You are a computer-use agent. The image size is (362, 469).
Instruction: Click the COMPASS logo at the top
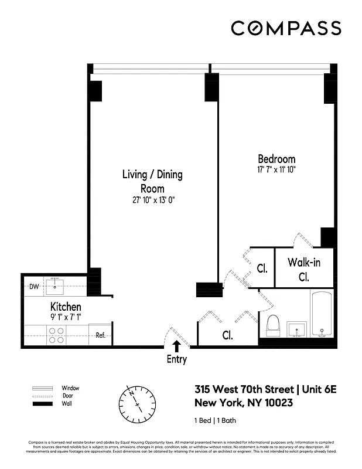pos(285,28)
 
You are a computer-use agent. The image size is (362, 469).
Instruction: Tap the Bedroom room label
pos(276,159)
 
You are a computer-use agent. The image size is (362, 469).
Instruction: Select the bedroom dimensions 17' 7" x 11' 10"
pos(276,170)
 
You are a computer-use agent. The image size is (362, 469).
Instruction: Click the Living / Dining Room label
pos(152,181)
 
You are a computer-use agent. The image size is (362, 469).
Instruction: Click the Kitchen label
pos(66,307)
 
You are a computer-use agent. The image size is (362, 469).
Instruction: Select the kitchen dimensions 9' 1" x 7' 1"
pos(66,317)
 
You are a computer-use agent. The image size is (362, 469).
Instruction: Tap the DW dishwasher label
pos(34,287)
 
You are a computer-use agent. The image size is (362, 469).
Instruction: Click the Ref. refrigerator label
pos(100,337)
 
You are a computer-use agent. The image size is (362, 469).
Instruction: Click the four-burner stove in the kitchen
pos(56,335)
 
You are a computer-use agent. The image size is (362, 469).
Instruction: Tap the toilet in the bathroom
pos(274,325)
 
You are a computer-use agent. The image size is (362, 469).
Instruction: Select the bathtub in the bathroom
pos(322,315)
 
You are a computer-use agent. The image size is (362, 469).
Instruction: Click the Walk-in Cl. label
pos(303,270)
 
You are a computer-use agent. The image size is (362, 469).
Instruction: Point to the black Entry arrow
pos(176,348)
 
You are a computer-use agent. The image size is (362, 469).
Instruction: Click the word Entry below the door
pos(176,359)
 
